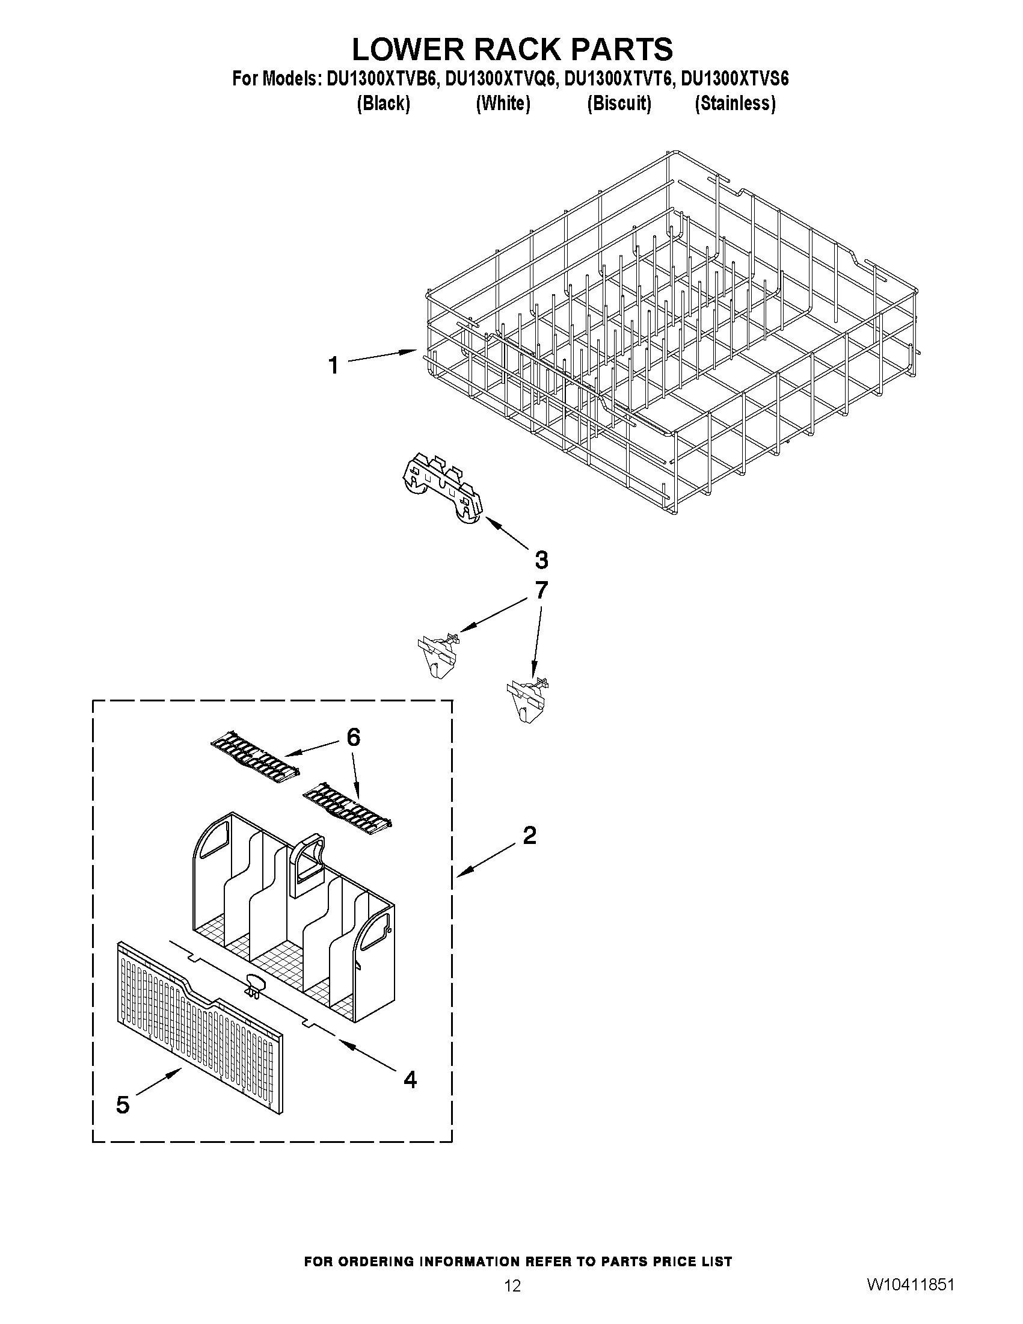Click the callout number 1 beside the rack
[x=333, y=366]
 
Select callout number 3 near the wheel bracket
[x=541, y=559]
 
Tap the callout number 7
[x=541, y=590]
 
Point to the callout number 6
[x=353, y=737]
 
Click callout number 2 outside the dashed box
[x=529, y=836]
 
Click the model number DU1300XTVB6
[x=382, y=79]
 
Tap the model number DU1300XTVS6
[x=735, y=79]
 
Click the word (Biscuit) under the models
[x=619, y=103]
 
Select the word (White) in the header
[x=503, y=103]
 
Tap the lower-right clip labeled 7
[x=527, y=697]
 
